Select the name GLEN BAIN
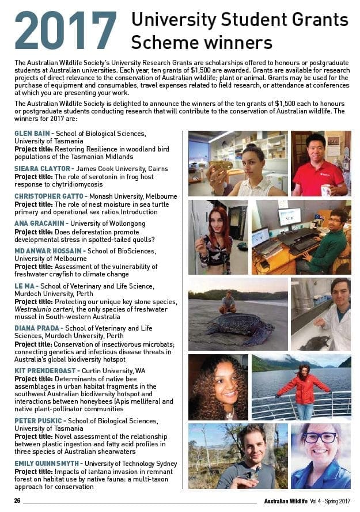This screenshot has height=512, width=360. tap(32, 134)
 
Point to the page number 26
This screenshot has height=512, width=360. tap(17, 500)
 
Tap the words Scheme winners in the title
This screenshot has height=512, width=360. tap(202, 42)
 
